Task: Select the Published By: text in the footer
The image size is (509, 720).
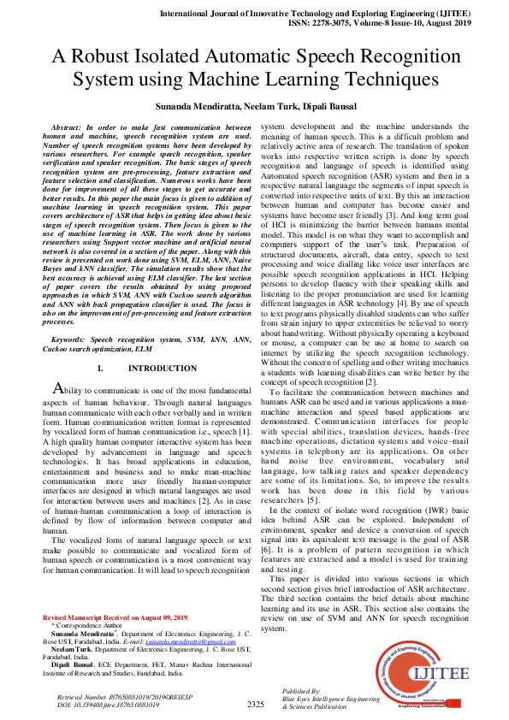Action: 301,691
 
